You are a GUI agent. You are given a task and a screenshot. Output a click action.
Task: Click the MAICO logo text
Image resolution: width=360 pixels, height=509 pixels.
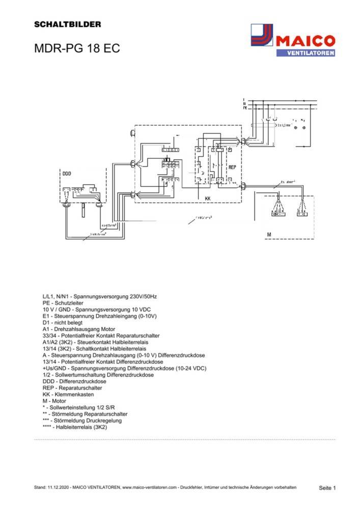(x=305, y=40)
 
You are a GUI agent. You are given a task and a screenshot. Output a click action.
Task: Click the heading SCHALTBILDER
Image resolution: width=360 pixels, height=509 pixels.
(x=67, y=24)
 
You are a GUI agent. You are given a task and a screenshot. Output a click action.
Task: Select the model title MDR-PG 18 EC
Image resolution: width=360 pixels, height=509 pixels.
(x=77, y=49)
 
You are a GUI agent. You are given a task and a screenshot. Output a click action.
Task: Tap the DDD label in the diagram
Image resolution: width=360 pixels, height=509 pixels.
(x=67, y=174)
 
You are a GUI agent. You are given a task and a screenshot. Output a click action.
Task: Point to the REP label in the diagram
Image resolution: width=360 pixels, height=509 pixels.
(x=232, y=167)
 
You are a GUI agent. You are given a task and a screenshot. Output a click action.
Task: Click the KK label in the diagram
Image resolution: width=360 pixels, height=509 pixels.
(x=208, y=198)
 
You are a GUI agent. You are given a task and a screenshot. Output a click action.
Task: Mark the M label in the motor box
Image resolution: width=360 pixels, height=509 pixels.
(x=268, y=235)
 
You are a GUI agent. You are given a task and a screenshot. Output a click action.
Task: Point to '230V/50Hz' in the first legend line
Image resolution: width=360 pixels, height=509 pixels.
(x=141, y=296)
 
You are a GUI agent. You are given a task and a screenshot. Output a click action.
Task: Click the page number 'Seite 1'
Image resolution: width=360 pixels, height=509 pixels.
(x=327, y=488)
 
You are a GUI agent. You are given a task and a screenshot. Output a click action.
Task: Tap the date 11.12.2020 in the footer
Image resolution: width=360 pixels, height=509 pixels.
(x=59, y=488)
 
